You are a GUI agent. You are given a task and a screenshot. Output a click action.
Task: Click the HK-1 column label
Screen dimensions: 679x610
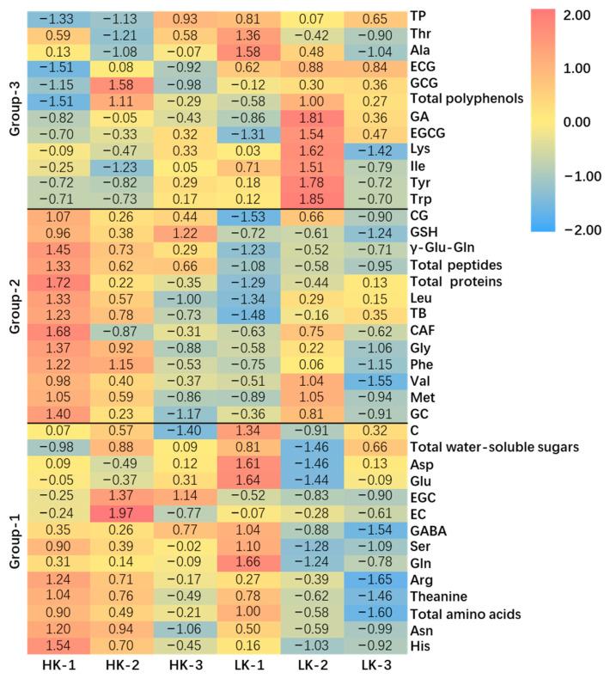click(x=57, y=664)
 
